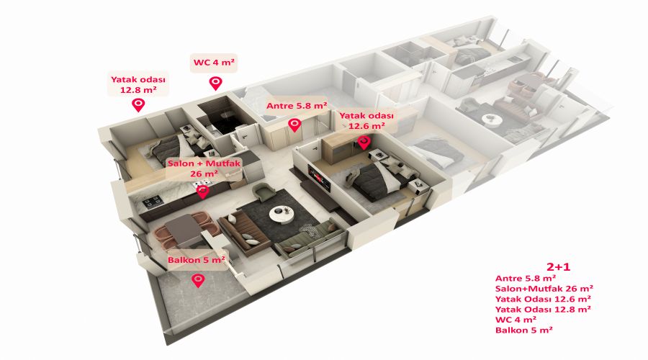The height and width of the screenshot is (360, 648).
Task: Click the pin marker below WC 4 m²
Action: [x=216, y=83]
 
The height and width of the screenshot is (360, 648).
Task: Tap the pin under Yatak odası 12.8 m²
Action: [x=138, y=104]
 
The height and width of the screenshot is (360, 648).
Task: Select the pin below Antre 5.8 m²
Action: [x=294, y=125]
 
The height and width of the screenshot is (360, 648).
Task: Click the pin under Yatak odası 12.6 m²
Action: [x=364, y=142]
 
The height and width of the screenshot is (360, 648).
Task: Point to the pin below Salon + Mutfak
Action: [x=202, y=192]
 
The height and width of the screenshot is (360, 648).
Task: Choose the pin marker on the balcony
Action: [x=199, y=280]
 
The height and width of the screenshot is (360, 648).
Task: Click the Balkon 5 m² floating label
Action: [x=197, y=260]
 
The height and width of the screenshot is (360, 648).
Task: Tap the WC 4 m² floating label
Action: [x=214, y=63]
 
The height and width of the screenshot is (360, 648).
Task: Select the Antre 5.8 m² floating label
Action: [x=297, y=106]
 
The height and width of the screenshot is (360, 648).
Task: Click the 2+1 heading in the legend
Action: [x=558, y=266]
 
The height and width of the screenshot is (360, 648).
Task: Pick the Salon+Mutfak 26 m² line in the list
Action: [x=544, y=289]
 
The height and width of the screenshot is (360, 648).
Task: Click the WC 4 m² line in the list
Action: [x=516, y=320]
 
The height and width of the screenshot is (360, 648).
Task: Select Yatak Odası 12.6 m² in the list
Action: [x=543, y=299]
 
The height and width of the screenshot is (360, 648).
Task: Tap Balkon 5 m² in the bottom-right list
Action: [x=524, y=330]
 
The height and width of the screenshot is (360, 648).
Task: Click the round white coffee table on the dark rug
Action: [x=282, y=213]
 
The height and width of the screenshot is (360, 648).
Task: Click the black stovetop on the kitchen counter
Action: [x=152, y=202]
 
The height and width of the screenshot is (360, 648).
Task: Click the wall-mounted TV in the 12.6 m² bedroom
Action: [x=319, y=178]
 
